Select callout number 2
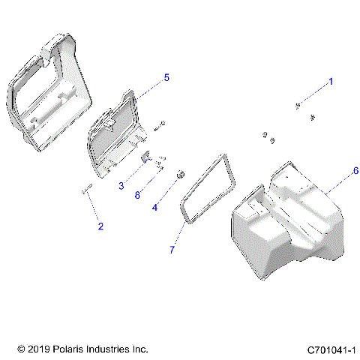coord(100,225)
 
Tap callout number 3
coord(120,185)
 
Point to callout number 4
coord(154,206)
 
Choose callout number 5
coord(166,77)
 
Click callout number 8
coord(136,195)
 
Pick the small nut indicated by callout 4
coord(180,176)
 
